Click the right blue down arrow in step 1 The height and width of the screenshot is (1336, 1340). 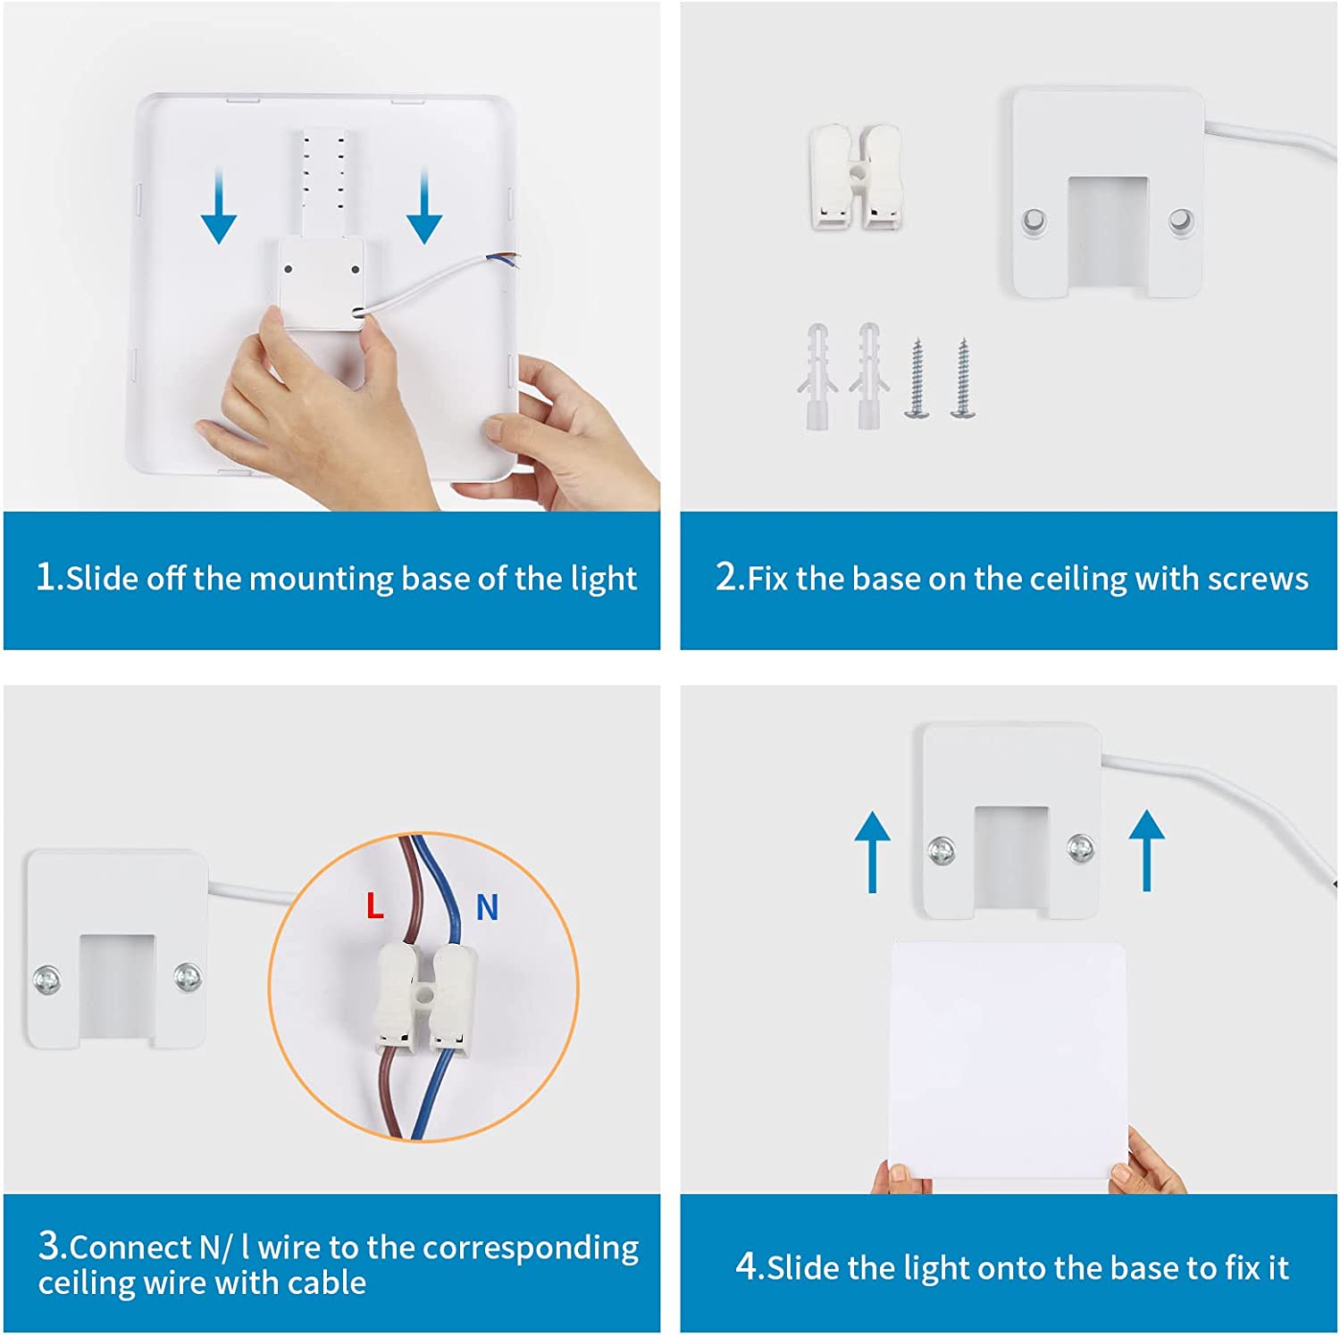pos(424,206)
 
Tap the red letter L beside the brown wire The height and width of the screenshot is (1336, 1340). pos(375,906)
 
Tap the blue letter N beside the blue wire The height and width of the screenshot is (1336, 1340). pos(487,907)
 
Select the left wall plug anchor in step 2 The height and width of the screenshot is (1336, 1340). pos(817,376)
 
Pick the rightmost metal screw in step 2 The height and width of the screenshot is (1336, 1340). pos(963,379)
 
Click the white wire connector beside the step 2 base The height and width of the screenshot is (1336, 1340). pos(856,177)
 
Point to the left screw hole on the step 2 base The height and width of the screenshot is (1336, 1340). pos(1034,220)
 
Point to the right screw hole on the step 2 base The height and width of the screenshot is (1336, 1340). pos(1180,219)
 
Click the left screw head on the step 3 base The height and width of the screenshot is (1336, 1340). pos(46,979)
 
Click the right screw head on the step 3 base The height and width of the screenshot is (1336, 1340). pos(187,976)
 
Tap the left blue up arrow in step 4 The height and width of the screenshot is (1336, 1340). pos(872,852)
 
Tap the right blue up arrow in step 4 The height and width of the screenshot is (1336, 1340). pos(1147,850)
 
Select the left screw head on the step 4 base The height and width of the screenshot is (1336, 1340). pos(942,850)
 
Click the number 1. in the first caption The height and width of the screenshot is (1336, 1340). pos(50,577)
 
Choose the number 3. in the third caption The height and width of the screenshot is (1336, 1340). pos(53,1246)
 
